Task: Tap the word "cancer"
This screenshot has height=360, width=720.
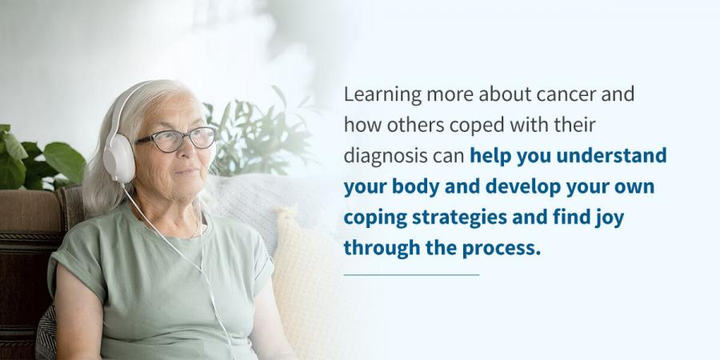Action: [560, 94]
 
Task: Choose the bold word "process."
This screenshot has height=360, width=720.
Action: [502, 250]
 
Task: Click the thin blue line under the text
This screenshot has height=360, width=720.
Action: [411, 274]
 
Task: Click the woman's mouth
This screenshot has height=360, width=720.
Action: [189, 172]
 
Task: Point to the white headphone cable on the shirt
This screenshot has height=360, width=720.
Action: [184, 257]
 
